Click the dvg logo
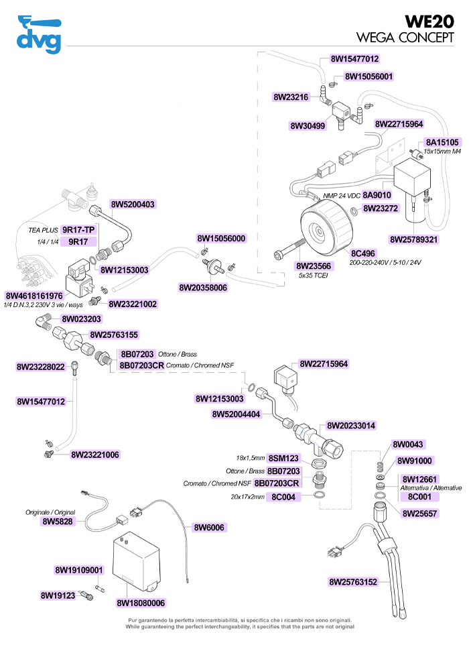pos(38,35)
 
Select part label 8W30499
pos(308,125)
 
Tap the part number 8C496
pos(364,253)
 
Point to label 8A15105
pos(442,142)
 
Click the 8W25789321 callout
pos(414,239)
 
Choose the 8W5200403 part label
pos(133,204)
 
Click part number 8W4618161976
pos(34,296)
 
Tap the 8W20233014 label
pos(351,426)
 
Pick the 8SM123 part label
pos(283,458)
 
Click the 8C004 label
pos(283,497)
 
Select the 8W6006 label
pos(209,527)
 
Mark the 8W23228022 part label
pos(40,367)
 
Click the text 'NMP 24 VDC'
pos(344,195)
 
